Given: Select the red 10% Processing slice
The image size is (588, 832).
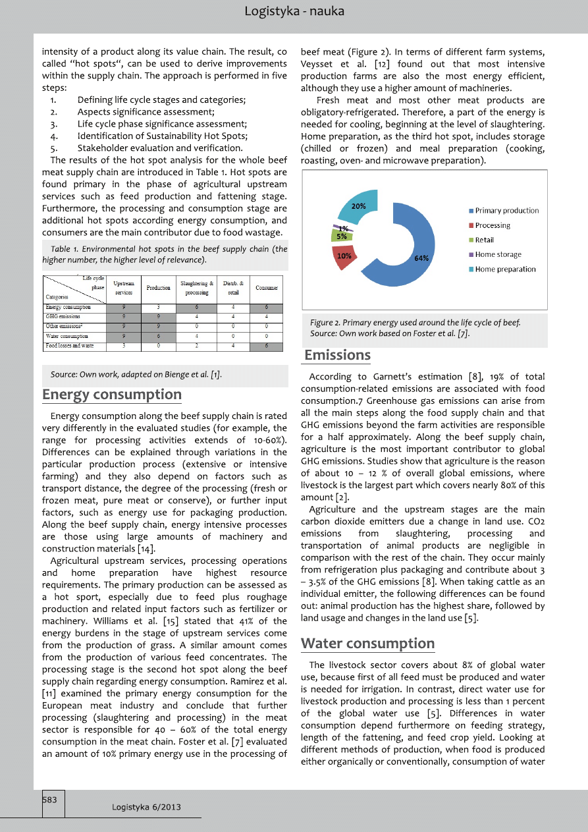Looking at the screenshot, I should [345, 256].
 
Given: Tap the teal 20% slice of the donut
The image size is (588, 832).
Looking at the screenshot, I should [359, 206].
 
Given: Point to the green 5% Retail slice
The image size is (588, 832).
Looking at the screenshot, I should [342, 236].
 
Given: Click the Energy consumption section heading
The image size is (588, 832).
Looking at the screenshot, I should [112, 395].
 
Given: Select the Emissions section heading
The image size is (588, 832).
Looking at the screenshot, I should [337, 355].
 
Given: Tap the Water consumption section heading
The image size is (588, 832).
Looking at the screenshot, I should [367, 643].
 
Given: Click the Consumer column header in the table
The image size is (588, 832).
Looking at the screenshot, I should [267, 288].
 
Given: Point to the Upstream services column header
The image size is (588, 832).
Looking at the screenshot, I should [124, 288].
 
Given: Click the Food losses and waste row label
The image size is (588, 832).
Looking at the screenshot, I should [69, 346].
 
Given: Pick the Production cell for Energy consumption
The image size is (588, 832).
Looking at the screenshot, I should [159, 307].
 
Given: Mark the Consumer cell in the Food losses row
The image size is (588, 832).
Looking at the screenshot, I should [267, 346].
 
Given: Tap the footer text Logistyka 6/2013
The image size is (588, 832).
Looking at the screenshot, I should [146, 807].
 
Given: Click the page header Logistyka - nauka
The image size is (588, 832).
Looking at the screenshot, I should [294, 11].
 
